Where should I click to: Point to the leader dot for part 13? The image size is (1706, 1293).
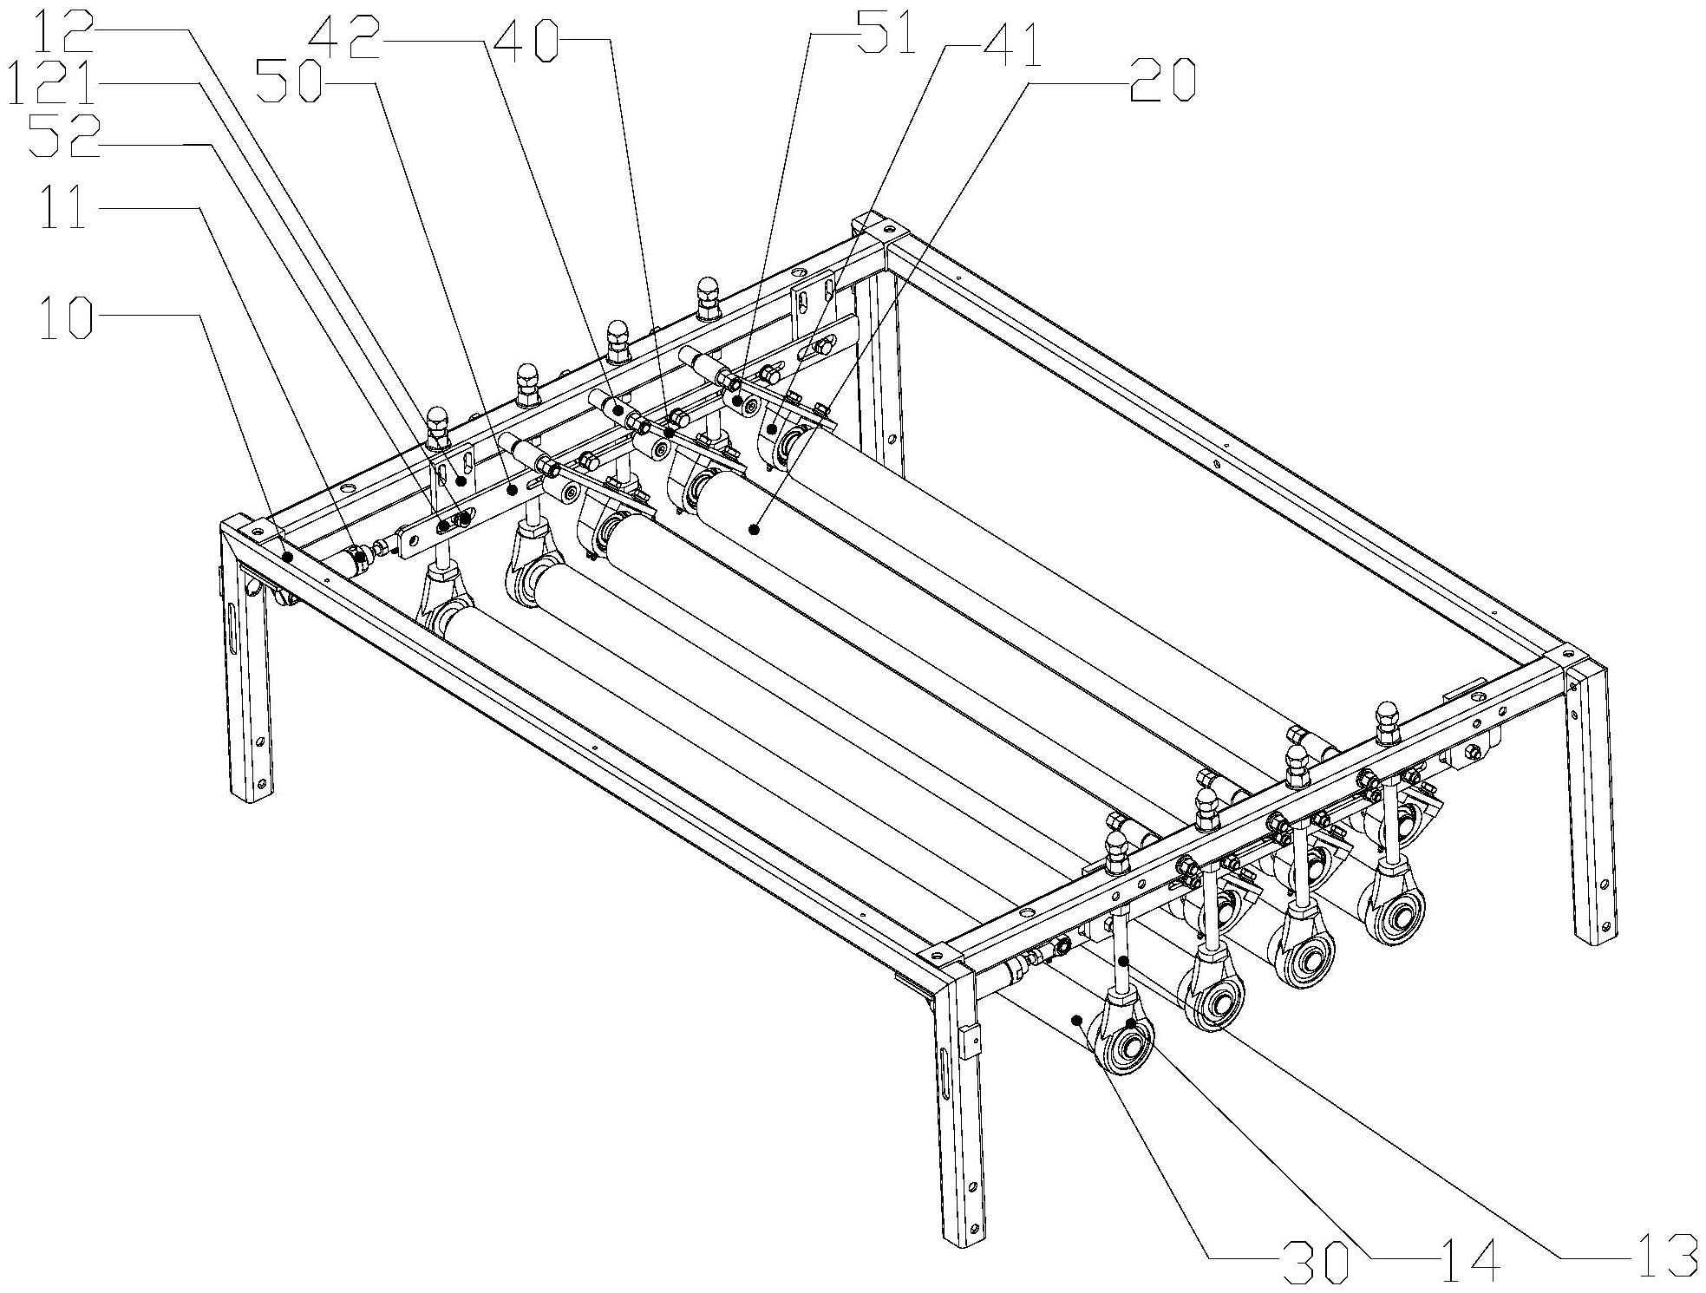click(1123, 961)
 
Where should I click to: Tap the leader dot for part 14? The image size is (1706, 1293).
click(1132, 1024)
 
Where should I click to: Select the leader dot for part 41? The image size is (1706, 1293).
click(770, 428)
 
